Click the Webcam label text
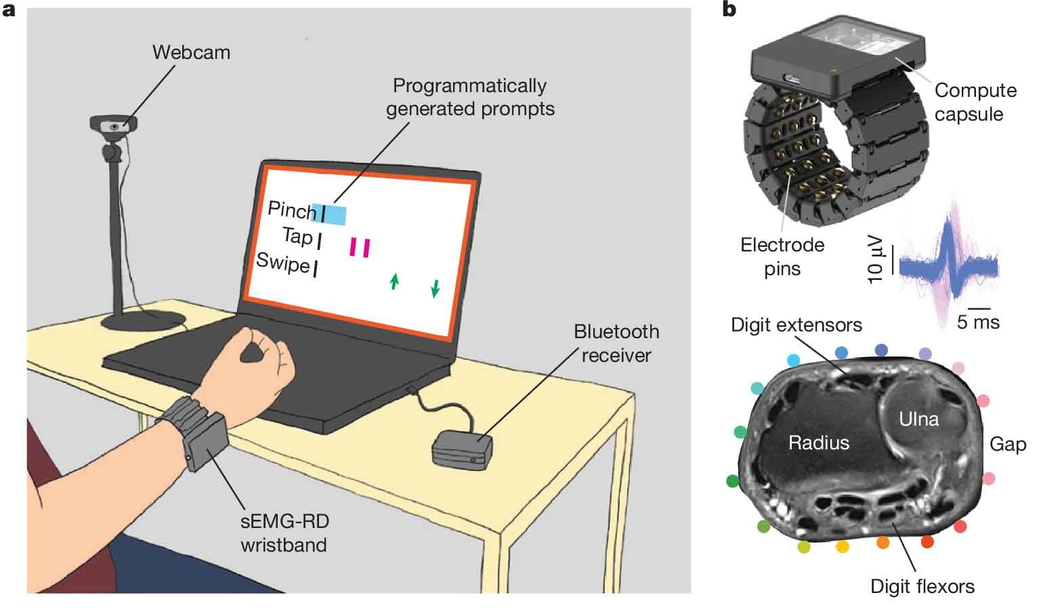192,53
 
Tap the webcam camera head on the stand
113,125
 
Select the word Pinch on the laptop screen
292,211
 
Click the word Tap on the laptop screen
297,236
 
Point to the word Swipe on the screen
282,263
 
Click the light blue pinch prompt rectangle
329,214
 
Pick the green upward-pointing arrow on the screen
394,281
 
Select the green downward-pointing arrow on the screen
435,288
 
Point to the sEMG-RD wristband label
284,533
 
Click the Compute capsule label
975,102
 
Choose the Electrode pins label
782,257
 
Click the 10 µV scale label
875,260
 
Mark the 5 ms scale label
978,322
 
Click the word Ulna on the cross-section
919,420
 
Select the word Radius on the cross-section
819,443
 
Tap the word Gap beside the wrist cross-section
1008,444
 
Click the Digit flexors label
922,586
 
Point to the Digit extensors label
796,325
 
